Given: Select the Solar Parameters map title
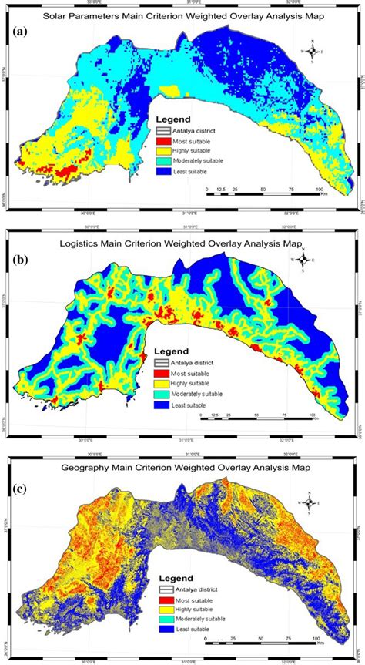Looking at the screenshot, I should click(182, 15).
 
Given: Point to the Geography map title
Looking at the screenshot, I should click(182, 467).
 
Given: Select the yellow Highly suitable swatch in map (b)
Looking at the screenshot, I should click(160, 383).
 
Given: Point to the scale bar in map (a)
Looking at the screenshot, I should click(263, 195).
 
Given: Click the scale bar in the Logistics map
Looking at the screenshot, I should click(256, 419).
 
